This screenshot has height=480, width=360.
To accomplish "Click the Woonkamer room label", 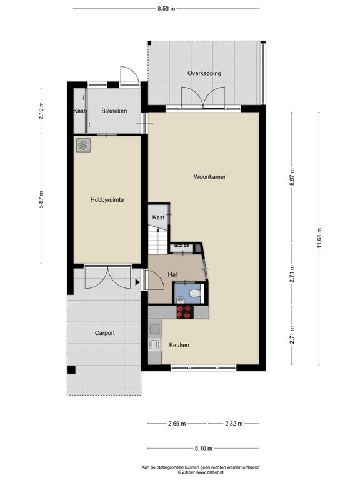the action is pos(210,177).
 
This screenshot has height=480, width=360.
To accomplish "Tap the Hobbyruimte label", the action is pos(107,200).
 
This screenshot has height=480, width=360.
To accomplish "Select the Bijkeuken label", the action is pos(114,111).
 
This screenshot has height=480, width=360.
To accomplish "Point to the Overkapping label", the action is pos(204,73).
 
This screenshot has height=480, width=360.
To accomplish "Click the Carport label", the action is pos(105,333).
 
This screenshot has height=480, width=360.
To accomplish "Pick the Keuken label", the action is pos(179,345).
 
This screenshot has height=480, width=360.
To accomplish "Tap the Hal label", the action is pos(172,274).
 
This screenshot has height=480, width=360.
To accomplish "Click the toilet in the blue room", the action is pos(195,294).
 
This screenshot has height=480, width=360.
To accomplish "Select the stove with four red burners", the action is pos(185,312).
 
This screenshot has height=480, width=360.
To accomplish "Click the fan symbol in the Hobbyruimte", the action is pos(83,145).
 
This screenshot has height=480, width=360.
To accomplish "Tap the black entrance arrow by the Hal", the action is pos(137,282).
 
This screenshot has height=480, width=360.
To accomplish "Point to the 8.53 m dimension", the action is pos(166,9).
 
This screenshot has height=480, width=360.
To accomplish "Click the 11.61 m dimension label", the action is pos(319,238).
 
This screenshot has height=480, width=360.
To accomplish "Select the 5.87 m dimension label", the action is pos(41,199).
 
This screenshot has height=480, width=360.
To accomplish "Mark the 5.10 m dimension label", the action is pos(204,449).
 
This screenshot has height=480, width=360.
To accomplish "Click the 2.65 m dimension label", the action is pos(177,424).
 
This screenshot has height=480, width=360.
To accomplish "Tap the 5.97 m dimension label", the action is pos(292,177).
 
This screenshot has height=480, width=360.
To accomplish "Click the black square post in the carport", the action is pos(71,370).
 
